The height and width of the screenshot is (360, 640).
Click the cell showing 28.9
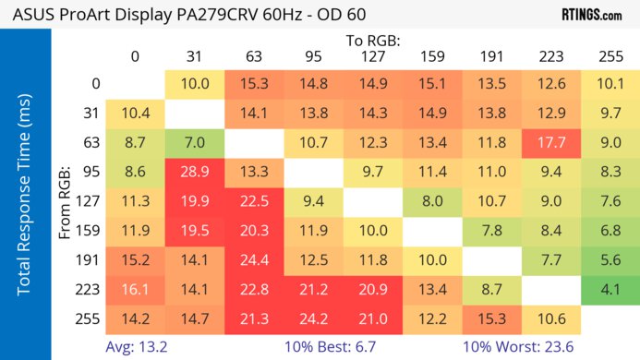tap(195, 172)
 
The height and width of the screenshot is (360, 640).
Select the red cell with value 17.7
tap(551, 142)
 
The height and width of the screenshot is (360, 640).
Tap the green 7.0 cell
tap(195, 142)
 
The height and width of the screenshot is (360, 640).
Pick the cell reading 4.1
tap(610, 290)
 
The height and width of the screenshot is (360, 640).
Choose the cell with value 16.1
tap(135, 290)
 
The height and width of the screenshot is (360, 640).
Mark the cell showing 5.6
tap(610, 260)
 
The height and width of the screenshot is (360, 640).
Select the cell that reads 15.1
tap(432, 84)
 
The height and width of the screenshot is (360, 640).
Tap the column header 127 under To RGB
tap(373, 57)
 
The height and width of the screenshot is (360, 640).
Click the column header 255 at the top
tap(610, 57)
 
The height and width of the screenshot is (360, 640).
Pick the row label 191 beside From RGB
tap(90, 260)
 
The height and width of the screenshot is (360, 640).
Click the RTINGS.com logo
tap(592, 16)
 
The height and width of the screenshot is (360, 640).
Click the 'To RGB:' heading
tap(373, 41)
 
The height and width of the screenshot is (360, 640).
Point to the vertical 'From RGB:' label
tap(66, 201)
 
